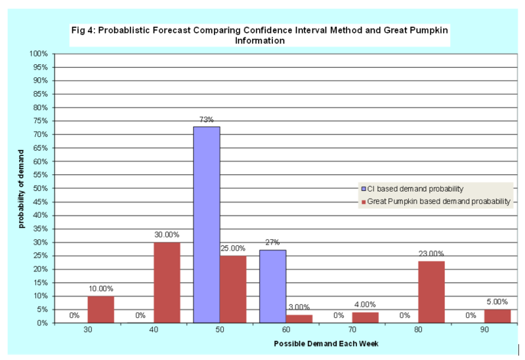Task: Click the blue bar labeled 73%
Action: click(206, 224)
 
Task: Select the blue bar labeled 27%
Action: click(272, 286)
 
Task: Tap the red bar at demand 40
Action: click(167, 282)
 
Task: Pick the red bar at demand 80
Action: click(431, 292)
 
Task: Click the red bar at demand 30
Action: click(100, 309)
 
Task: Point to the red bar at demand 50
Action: click(233, 289)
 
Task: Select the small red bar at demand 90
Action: click(497, 316)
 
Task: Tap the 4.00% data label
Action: click(365, 304)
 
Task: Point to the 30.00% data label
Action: click(167, 235)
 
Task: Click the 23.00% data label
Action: click(431, 254)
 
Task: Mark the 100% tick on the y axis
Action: click(39, 54)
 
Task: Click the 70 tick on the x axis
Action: click(352, 331)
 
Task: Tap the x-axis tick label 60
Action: click(285, 331)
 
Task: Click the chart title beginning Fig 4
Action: click(261, 35)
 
